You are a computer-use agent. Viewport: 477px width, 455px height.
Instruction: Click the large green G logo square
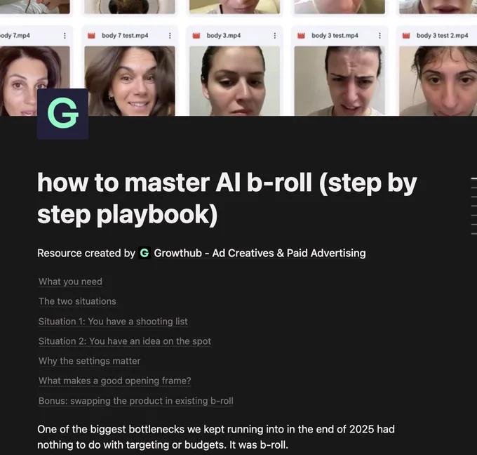pos(62,114)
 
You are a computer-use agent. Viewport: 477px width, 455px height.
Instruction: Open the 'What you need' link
pos(70,282)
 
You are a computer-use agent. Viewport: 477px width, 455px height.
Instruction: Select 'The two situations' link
pos(77,301)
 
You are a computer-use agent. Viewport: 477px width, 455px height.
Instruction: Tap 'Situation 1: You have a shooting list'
pos(113,322)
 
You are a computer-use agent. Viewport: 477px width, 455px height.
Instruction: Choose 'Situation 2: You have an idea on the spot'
pos(125,341)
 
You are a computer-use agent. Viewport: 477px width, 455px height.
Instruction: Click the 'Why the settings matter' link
pos(90,361)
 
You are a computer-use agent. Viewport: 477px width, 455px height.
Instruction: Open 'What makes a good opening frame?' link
pos(114,381)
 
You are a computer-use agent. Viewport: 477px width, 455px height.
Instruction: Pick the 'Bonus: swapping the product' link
pos(136,401)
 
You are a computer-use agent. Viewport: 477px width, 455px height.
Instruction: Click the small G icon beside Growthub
pos(145,253)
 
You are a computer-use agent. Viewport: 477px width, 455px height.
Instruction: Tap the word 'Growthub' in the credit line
pos(178,253)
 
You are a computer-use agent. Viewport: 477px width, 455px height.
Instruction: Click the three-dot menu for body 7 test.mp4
pos(170,36)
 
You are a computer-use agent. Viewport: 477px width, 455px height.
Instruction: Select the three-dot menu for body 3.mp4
pos(275,36)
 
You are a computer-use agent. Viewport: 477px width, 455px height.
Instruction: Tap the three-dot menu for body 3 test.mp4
pos(379,36)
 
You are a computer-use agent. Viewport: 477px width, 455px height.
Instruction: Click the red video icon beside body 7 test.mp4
pos(91,36)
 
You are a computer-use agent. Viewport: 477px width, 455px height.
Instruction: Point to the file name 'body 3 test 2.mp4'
pos(443,36)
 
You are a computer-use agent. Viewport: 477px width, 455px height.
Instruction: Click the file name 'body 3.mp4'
pos(224,36)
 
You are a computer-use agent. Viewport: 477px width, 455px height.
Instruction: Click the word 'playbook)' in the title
pos(157,215)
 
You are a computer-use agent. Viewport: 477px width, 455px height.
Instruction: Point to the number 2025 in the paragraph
pos(361,429)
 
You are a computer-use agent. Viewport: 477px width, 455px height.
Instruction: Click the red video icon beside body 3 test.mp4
pos(301,36)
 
